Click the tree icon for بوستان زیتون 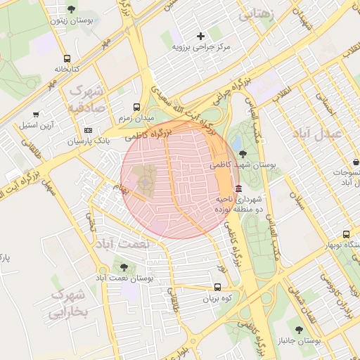tap(72, 9)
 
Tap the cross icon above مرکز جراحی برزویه tap(201, 35)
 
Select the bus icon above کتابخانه tap(67, 59)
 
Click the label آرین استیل tap(37, 125)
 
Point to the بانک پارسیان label tap(89, 141)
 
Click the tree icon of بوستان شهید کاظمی tap(243, 154)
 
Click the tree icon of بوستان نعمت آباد tap(124, 267)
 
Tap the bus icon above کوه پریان tap(217, 288)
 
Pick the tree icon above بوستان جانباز tap(300, 329)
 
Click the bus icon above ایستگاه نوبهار tap(346, 234)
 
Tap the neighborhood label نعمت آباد tap(144, 243)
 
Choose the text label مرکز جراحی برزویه tap(201, 46)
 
